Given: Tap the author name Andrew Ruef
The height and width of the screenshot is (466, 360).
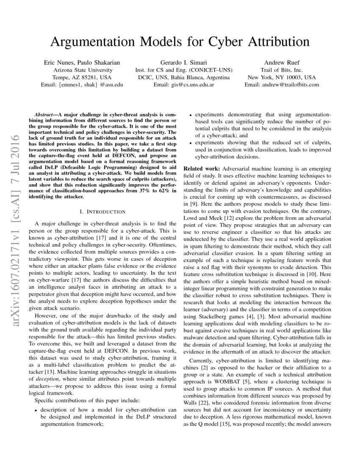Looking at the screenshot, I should [x=281, y=62].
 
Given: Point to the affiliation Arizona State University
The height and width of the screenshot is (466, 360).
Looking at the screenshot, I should [x=83, y=70].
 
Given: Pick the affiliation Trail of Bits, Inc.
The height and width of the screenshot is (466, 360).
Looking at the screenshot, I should [x=281, y=70].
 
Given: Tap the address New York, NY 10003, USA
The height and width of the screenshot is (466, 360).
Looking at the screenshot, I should [x=281, y=78].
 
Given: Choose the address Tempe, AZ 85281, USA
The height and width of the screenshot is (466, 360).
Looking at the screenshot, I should [x=83, y=78].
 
